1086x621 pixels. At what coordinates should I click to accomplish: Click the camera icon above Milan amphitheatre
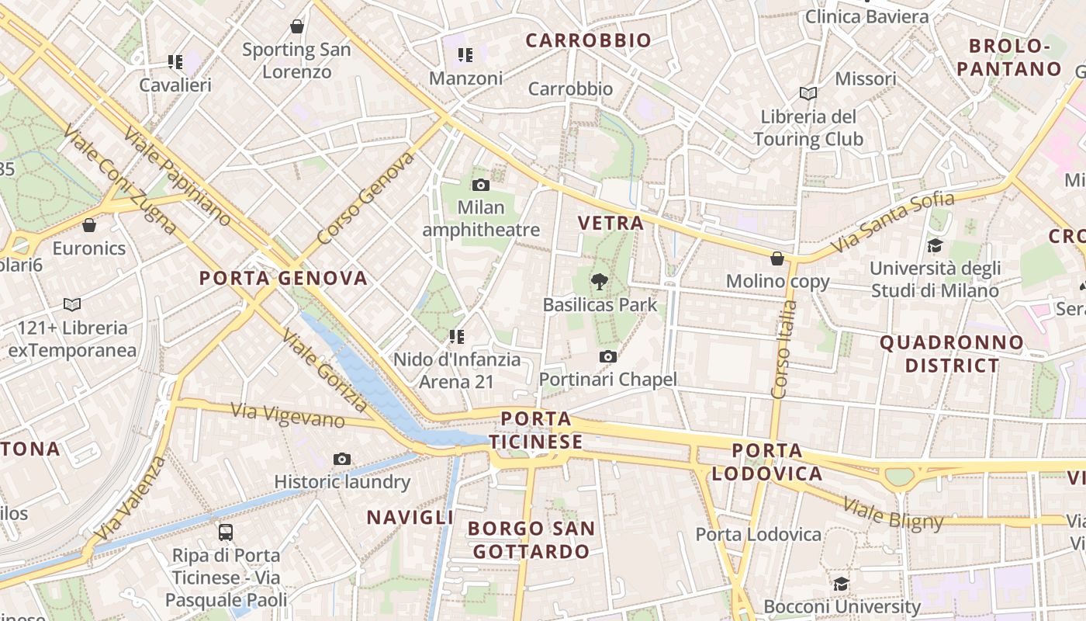pos(480,185)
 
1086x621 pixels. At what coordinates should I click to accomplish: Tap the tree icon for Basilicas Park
pos(599,282)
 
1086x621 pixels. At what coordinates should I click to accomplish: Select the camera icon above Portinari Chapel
pos(608,356)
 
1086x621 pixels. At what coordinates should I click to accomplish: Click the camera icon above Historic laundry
pos(342,459)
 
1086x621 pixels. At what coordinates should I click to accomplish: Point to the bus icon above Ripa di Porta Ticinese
pos(226,533)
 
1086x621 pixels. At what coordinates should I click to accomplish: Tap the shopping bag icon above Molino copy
pos(777,258)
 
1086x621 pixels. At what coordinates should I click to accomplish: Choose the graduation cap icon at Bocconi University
pos(842,583)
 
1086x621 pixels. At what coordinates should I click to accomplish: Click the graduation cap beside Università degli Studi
pos(935,246)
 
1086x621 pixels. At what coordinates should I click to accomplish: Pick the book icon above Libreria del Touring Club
pos(808,93)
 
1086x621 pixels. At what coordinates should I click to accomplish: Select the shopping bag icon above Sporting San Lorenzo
pos(296,26)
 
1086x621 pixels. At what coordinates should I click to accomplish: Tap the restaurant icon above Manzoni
pos(465,54)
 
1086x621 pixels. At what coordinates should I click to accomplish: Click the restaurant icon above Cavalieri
pos(175,61)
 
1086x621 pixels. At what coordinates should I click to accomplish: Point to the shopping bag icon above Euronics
pos(89,225)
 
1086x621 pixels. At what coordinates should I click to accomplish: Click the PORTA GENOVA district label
pos(283,278)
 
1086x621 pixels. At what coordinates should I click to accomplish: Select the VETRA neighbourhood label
pos(611,223)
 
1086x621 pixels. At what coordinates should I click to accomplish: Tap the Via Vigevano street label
pos(288,415)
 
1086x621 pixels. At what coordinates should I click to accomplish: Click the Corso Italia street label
pos(785,349)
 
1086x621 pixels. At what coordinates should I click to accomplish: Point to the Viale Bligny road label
pos(893,515)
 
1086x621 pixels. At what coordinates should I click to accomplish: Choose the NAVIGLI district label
pos(410,517)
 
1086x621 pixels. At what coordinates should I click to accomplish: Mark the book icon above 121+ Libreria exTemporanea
pos(72,304)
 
